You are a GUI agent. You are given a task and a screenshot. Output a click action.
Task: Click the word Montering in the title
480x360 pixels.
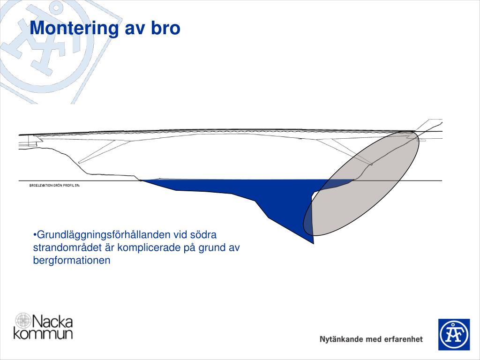pos(74,28)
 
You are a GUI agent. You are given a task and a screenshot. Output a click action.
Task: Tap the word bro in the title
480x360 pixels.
pos(165,28)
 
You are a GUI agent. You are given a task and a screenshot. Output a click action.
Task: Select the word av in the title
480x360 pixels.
pos(135,28)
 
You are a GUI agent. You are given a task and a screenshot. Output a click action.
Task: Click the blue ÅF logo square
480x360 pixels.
pos(454,334)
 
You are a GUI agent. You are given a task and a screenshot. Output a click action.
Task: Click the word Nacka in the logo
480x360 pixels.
pos(52,322)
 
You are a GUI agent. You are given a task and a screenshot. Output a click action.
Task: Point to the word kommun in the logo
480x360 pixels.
pos(43,334)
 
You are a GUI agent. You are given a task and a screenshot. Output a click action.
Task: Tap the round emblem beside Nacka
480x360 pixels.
pos(22,321)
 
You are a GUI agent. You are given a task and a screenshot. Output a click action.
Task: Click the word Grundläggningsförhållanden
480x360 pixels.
pos(104,234)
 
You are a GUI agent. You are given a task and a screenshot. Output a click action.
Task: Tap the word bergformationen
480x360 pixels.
pos(72,260)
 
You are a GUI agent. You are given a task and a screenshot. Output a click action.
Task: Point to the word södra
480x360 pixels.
pos(204,234)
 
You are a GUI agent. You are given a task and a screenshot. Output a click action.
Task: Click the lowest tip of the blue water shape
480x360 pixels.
pos(313,243)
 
